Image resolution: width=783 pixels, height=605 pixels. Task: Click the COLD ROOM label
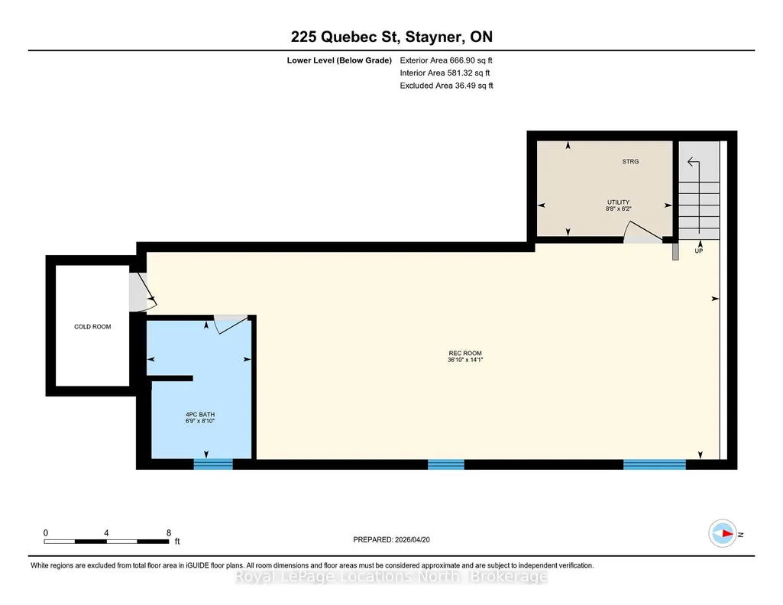(92, 326)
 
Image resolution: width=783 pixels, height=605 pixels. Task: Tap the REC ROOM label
(465, 353)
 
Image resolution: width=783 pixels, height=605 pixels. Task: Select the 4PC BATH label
(199, 414)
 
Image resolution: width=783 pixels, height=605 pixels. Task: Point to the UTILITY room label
(618, 202)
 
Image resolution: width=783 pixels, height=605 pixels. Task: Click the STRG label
(630, 161)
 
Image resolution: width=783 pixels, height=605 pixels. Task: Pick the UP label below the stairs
(699, 251)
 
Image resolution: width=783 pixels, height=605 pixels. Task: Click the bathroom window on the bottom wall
(213, 464)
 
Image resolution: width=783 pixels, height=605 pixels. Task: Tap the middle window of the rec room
(446, 464)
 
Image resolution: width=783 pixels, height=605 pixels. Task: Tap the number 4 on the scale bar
(106, 532)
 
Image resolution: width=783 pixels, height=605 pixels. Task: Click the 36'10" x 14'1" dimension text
(465, 359)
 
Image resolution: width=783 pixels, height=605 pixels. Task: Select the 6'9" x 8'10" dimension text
(199, 421)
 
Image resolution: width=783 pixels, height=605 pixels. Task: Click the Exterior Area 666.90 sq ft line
(446, 60)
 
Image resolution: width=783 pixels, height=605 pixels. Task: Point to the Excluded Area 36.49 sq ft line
(446, 86)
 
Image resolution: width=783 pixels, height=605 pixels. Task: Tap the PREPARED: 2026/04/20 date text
(391, 539)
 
